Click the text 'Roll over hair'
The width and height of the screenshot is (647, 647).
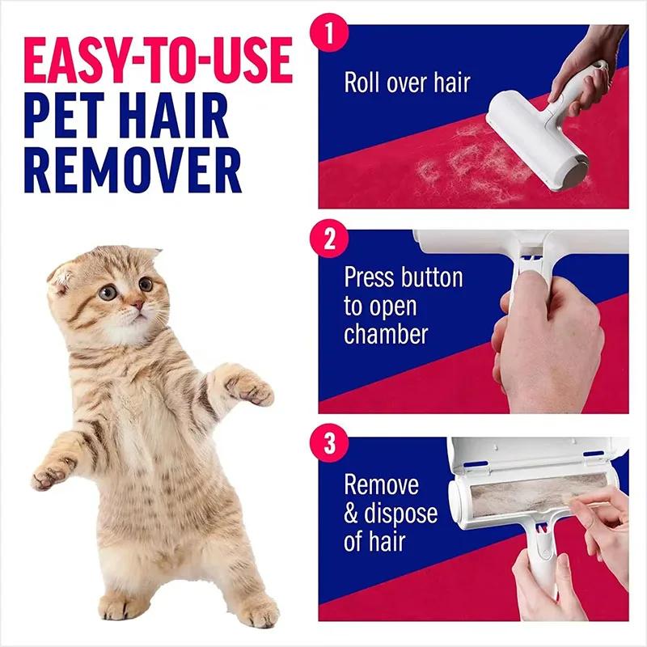pos(407,82)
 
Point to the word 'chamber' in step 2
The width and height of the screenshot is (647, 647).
pos(386,334)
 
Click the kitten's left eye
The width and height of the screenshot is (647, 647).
pos(146,284)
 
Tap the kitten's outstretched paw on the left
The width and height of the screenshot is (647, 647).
pos(53,474)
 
